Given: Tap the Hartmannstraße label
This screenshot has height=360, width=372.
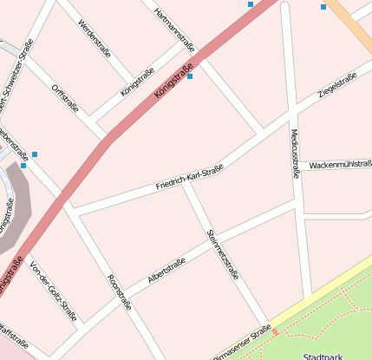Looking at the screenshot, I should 174,29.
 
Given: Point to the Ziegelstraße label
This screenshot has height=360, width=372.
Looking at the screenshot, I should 338,86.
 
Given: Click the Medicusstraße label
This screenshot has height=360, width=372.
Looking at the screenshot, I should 295,149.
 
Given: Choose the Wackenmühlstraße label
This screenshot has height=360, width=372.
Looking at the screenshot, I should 340,164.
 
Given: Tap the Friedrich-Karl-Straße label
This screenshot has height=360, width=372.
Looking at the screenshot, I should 190,178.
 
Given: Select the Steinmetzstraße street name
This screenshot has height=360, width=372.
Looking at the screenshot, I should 223,253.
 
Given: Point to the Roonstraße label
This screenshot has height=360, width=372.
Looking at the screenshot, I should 119,292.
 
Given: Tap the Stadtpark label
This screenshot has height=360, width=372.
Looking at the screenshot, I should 323,356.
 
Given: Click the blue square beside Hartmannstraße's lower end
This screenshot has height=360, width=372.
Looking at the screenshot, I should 190,77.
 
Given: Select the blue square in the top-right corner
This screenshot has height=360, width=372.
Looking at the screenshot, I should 323,7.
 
